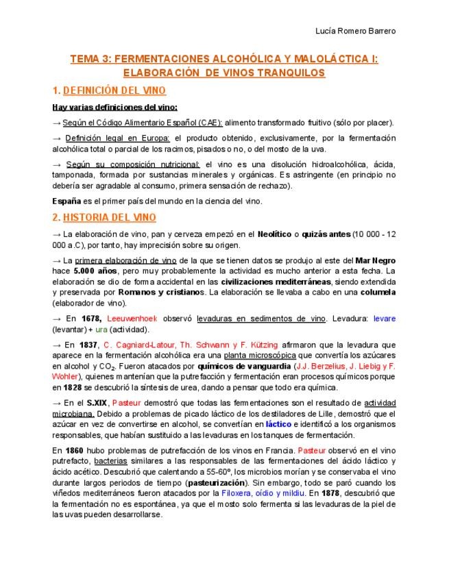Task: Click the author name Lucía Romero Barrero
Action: (355, 31)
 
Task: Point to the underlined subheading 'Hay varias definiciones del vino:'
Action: (115, 107)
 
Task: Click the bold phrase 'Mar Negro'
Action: (375, 260)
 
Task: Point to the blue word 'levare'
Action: (383, 319)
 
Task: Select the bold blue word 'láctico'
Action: (278, 424)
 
